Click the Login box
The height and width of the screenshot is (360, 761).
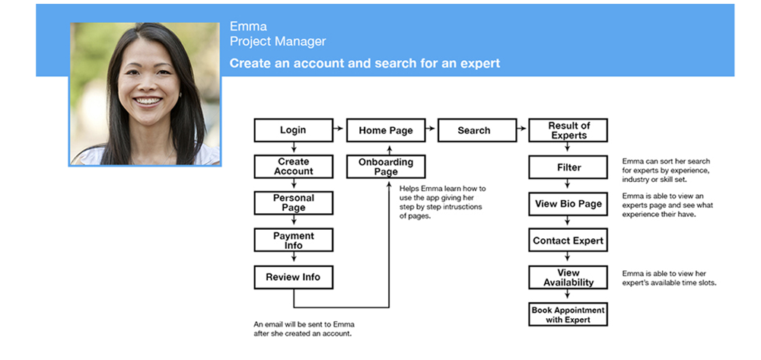click(293, 130)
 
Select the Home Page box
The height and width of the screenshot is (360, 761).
click(386, 130)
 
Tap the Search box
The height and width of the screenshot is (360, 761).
click(474, 130)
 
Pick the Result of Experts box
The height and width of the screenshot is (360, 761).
click(568, 130)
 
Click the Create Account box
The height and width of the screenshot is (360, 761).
click(293, 166)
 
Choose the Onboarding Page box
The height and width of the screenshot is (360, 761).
click(386, 167)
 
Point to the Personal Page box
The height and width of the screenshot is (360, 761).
click(293, 202)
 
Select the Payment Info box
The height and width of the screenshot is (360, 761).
click(293, 241)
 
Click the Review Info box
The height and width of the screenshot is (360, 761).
click(293, 277)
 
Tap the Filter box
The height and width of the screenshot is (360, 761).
click(568, 167)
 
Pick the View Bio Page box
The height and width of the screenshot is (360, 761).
click(568, 204)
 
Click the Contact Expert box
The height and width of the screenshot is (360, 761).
click(568, 241)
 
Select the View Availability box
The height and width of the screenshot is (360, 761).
click(568, 277)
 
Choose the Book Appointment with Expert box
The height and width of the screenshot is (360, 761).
click(568, 314)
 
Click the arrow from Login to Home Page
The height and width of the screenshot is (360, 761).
click(339, 130)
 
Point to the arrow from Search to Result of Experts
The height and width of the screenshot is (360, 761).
click(521, 130)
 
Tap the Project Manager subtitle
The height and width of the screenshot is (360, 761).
click(278, 41)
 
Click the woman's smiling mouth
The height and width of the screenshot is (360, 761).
click(148, 100)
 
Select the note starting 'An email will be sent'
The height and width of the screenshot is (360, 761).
click(304, 328)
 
